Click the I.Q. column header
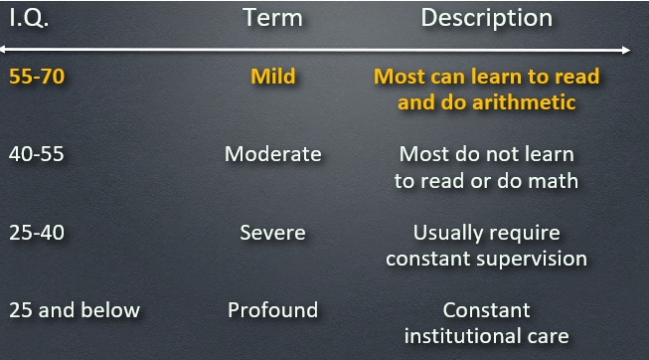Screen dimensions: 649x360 click(x=29, y=19)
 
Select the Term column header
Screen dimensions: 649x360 click(x=272, y=18)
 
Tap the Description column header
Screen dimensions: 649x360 click(x=486, y=19)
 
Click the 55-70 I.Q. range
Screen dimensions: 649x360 click(x=37, y=77)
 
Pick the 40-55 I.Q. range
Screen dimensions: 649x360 click(x=37, y=154)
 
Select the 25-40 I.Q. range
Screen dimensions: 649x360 click(x=37, y=233)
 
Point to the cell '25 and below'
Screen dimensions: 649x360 click(x=75, y=310)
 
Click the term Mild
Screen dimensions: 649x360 click(x=272, y=77)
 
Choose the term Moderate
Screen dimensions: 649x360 click(x=272, y=154)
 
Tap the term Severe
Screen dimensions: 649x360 click(x=272, y=233)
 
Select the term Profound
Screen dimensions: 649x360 click(x=272, y=310)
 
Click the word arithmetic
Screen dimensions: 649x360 click(x=524, y=102)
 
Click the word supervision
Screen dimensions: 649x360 click(x=532, y=260)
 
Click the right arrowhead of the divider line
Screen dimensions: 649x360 click(x=626, y=51)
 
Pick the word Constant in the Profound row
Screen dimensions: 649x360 click(x=486, y=310)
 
